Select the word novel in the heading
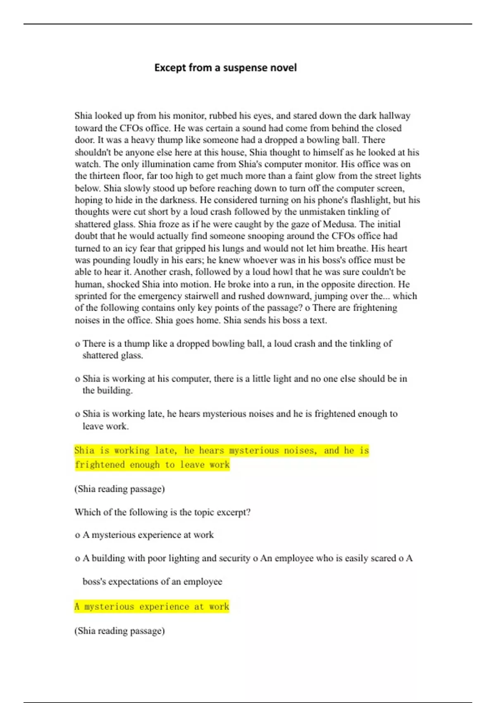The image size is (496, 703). coord(283,67)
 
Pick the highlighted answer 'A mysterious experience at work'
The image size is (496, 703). coord(152,607)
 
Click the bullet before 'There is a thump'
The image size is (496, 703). coord(77,344)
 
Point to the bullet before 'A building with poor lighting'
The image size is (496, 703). coord(77,559)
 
